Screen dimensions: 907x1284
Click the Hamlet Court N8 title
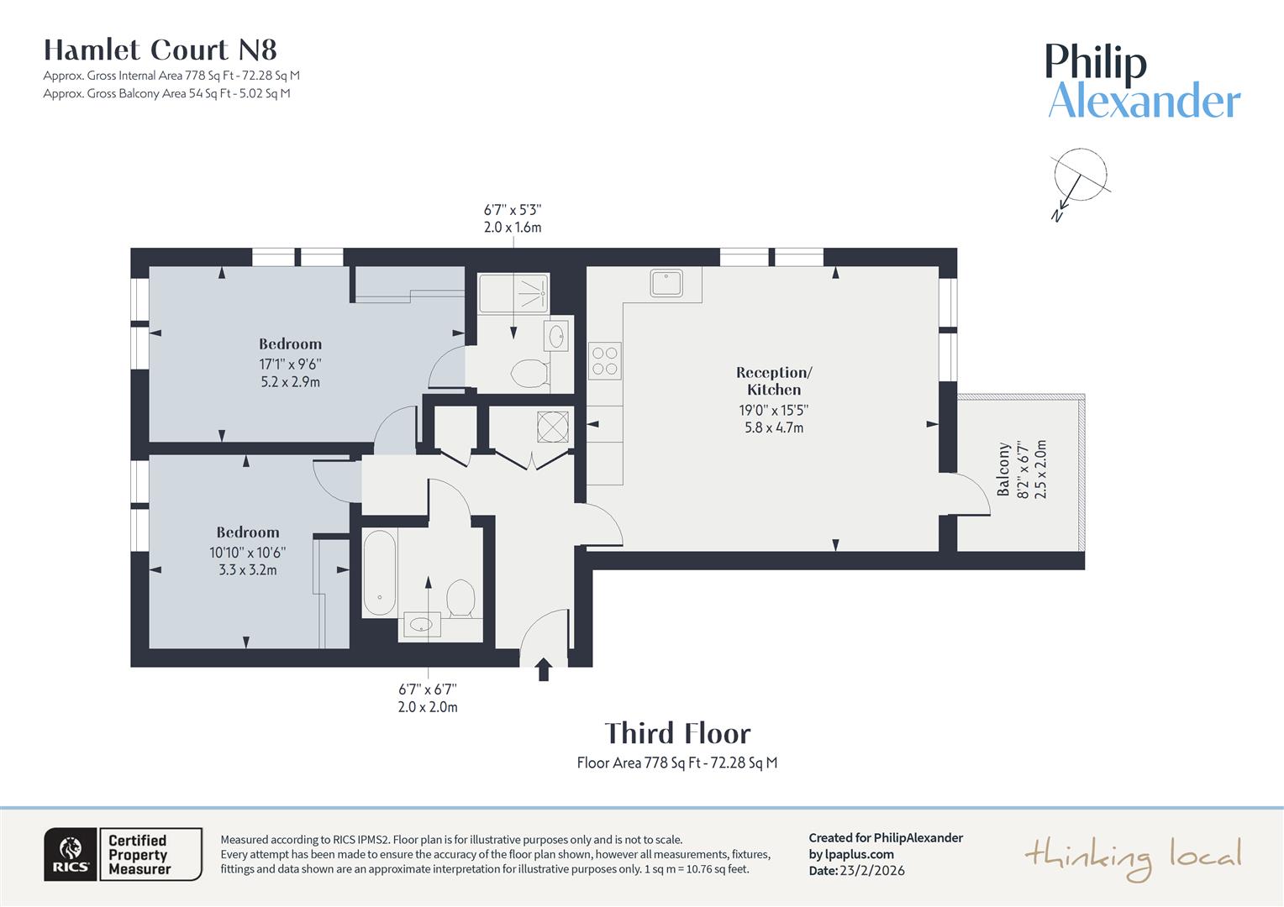(x=160, y=50)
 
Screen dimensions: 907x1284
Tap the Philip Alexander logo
(x=1143, y=81)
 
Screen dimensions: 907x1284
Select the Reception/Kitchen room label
(x=774, y=380)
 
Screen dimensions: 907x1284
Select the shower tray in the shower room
(x=513, y=293)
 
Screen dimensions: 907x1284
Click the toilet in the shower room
(x=529, y=374)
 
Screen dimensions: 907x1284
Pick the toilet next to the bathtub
(x=460, y=597)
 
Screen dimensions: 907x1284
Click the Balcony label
(x=1003, y=469)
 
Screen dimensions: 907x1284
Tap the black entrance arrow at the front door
(x=544, y=669)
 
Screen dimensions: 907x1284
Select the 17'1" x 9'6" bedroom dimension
(x=290, y=364)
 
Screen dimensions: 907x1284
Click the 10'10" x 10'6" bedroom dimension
(x=248, y=553)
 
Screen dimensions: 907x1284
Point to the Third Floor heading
(x=677, y=733)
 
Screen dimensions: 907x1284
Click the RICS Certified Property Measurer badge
(x=123, y=854)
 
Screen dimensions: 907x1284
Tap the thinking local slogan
(x=1132, y=857)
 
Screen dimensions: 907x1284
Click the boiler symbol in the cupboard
(x=553, y=427)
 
